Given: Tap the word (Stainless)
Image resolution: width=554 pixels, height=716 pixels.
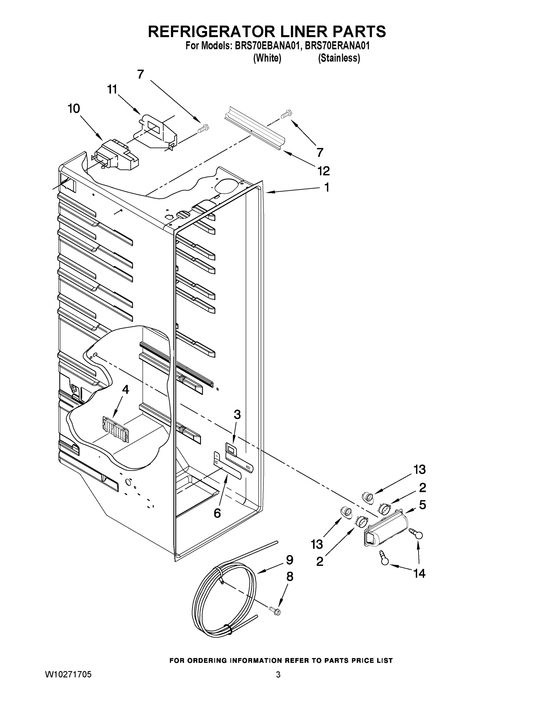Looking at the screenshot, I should (x=339, y=58).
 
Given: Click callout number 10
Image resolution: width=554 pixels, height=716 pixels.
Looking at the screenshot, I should (x=74, y=109).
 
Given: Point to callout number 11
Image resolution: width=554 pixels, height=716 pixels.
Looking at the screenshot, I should (x=112, y=89).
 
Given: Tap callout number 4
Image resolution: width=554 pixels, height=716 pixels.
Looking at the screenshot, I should (x=125, y=389).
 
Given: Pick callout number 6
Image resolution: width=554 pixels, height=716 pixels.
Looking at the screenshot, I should (x=217, y=513).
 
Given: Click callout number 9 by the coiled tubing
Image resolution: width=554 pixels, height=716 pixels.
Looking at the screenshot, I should (x=289, y=560).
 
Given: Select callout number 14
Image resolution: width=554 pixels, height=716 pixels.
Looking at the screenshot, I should (x=419, y=573).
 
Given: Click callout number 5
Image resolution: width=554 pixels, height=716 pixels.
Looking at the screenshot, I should (x=422, y=505).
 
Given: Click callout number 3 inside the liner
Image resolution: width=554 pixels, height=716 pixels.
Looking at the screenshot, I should (x=237, y=414).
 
